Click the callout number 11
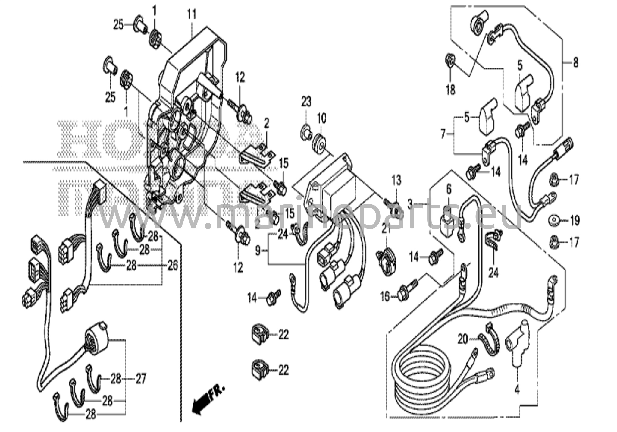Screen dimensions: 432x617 pyautogui.click(x=192, y=14)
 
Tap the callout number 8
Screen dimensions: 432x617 pyautogui.click(x=575, y=63)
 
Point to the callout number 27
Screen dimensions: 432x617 pyautogui.click(x=141, y=379)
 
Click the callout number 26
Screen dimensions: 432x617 pyautogui.click(x=173, y=265)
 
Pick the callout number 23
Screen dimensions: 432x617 pyautogui.click(x=306, y=102)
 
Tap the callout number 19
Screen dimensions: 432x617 pyautogui.click(x=575, y=221)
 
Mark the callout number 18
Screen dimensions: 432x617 pyautogui.click(x=451, y=90)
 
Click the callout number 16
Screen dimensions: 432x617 pyautogui.click(x=385, y=298)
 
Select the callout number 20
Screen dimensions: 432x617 pyautogui.click(x=463, y=339)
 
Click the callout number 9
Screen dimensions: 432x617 pyautogui.click(x=258, y=250)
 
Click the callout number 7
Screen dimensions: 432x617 pyautogui.click(x=443, y=134)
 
